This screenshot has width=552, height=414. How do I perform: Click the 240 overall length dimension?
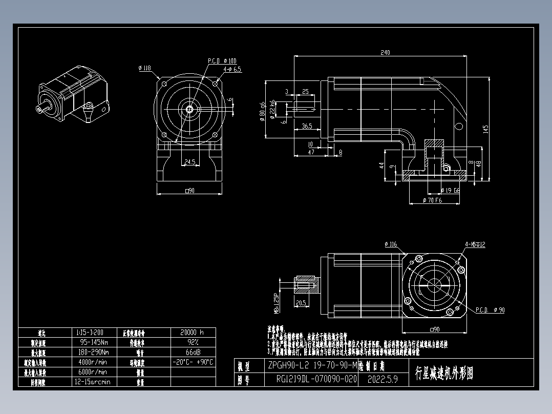[385, 52]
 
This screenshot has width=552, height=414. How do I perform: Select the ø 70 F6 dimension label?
[432, 200]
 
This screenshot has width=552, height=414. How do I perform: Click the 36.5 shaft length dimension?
[307, 126]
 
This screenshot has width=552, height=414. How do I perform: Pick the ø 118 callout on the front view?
[144, 68]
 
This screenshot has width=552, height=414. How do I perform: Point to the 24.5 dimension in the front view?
[189, 162]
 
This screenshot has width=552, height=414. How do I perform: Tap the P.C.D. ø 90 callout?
[490, 310]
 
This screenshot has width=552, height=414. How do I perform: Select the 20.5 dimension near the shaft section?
[301, 303]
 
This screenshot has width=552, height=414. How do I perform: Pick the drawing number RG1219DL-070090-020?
[316, 380]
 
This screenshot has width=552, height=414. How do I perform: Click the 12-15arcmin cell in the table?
[95, 382]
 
